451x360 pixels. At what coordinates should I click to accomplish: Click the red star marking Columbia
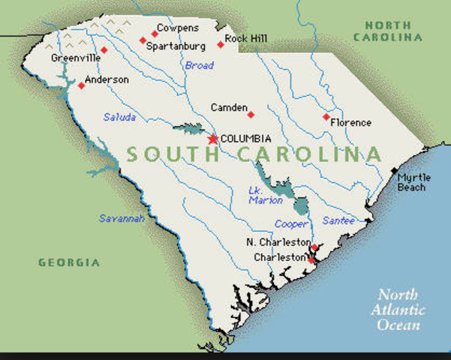tap(213, 139)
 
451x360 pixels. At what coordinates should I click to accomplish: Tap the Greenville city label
tap(75, 58)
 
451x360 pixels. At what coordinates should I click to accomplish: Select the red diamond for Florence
tap(326, 117)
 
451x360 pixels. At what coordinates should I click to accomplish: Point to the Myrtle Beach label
tap(414, 182)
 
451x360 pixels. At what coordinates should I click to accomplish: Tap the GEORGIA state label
tap(69, 262)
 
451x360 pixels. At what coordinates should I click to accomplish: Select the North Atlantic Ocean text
tap(401, 310)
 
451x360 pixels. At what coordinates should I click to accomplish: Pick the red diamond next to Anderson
tap(81, 85)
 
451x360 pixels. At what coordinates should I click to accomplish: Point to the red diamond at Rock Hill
tap(221, 44)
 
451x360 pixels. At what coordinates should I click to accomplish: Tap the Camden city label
tap(229, 108)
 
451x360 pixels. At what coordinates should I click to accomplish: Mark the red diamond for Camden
tap(251, 115)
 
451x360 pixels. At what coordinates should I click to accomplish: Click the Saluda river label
tap(119, 117)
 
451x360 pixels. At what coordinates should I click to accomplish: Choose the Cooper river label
tap(290, 224)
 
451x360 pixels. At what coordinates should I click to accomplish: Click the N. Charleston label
tap(278, 242)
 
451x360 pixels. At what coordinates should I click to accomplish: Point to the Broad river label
tap(199, 66)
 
